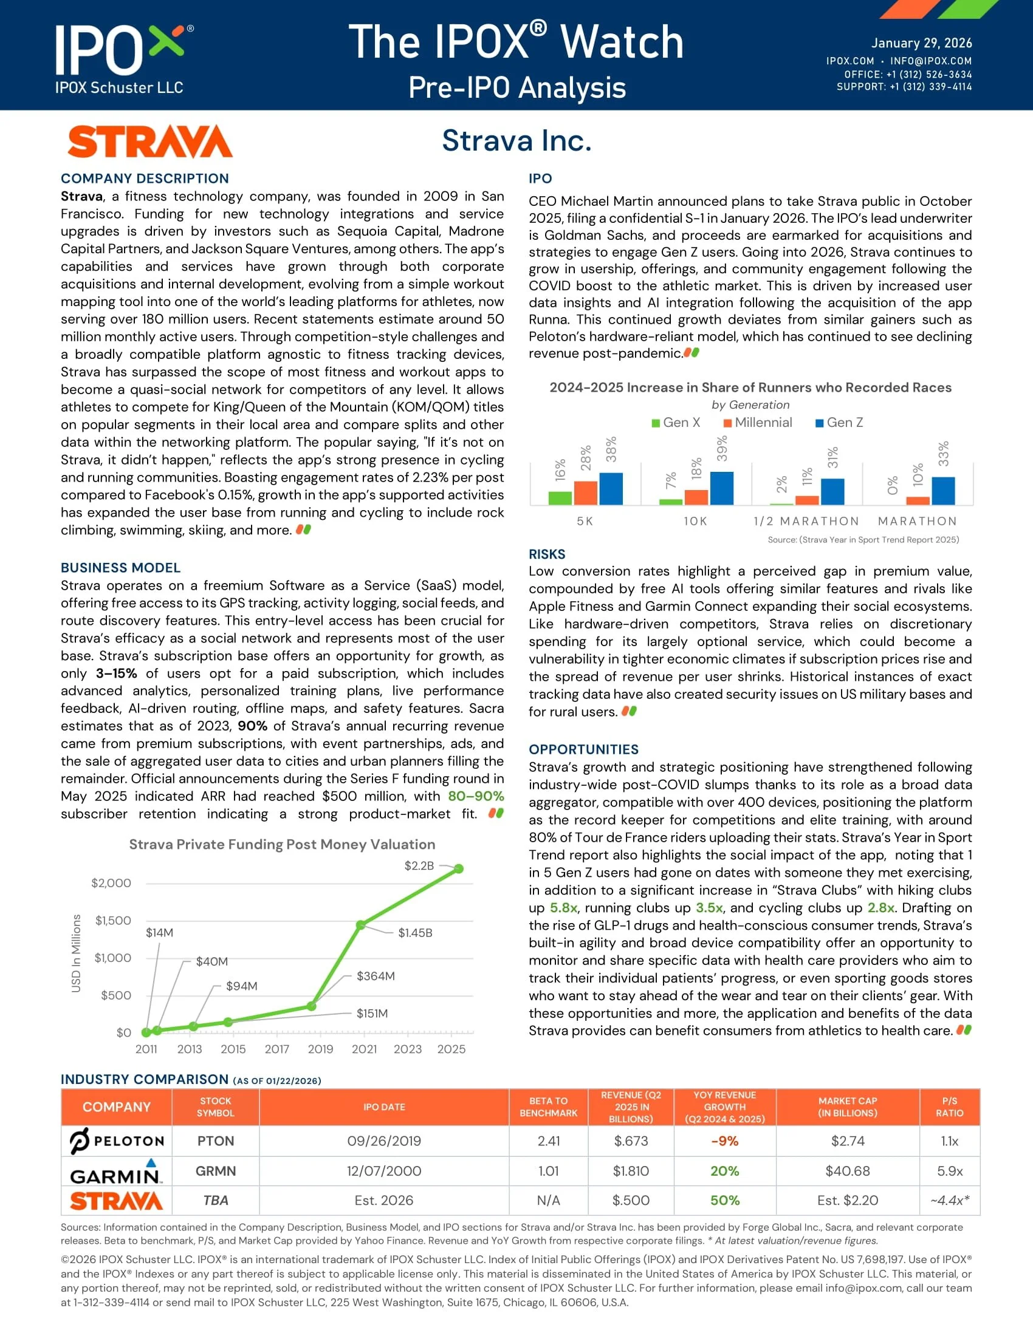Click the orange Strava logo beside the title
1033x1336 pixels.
150,142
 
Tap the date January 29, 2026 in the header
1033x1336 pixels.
921,43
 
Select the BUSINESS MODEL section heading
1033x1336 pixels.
120,568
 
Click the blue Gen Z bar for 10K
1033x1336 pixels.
721,488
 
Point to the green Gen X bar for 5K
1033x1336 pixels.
560,498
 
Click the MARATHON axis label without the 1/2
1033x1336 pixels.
918,521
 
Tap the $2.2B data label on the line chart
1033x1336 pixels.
419,865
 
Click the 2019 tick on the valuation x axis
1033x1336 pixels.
321,1049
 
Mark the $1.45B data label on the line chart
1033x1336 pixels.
415,933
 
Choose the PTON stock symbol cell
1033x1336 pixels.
216,1141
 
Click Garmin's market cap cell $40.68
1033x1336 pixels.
848,1171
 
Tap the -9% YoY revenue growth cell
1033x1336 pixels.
724,1141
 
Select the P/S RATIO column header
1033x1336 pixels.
949,1106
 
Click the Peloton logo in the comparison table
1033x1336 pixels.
116,1141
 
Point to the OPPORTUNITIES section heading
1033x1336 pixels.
583,749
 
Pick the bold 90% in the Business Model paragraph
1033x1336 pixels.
252,726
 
